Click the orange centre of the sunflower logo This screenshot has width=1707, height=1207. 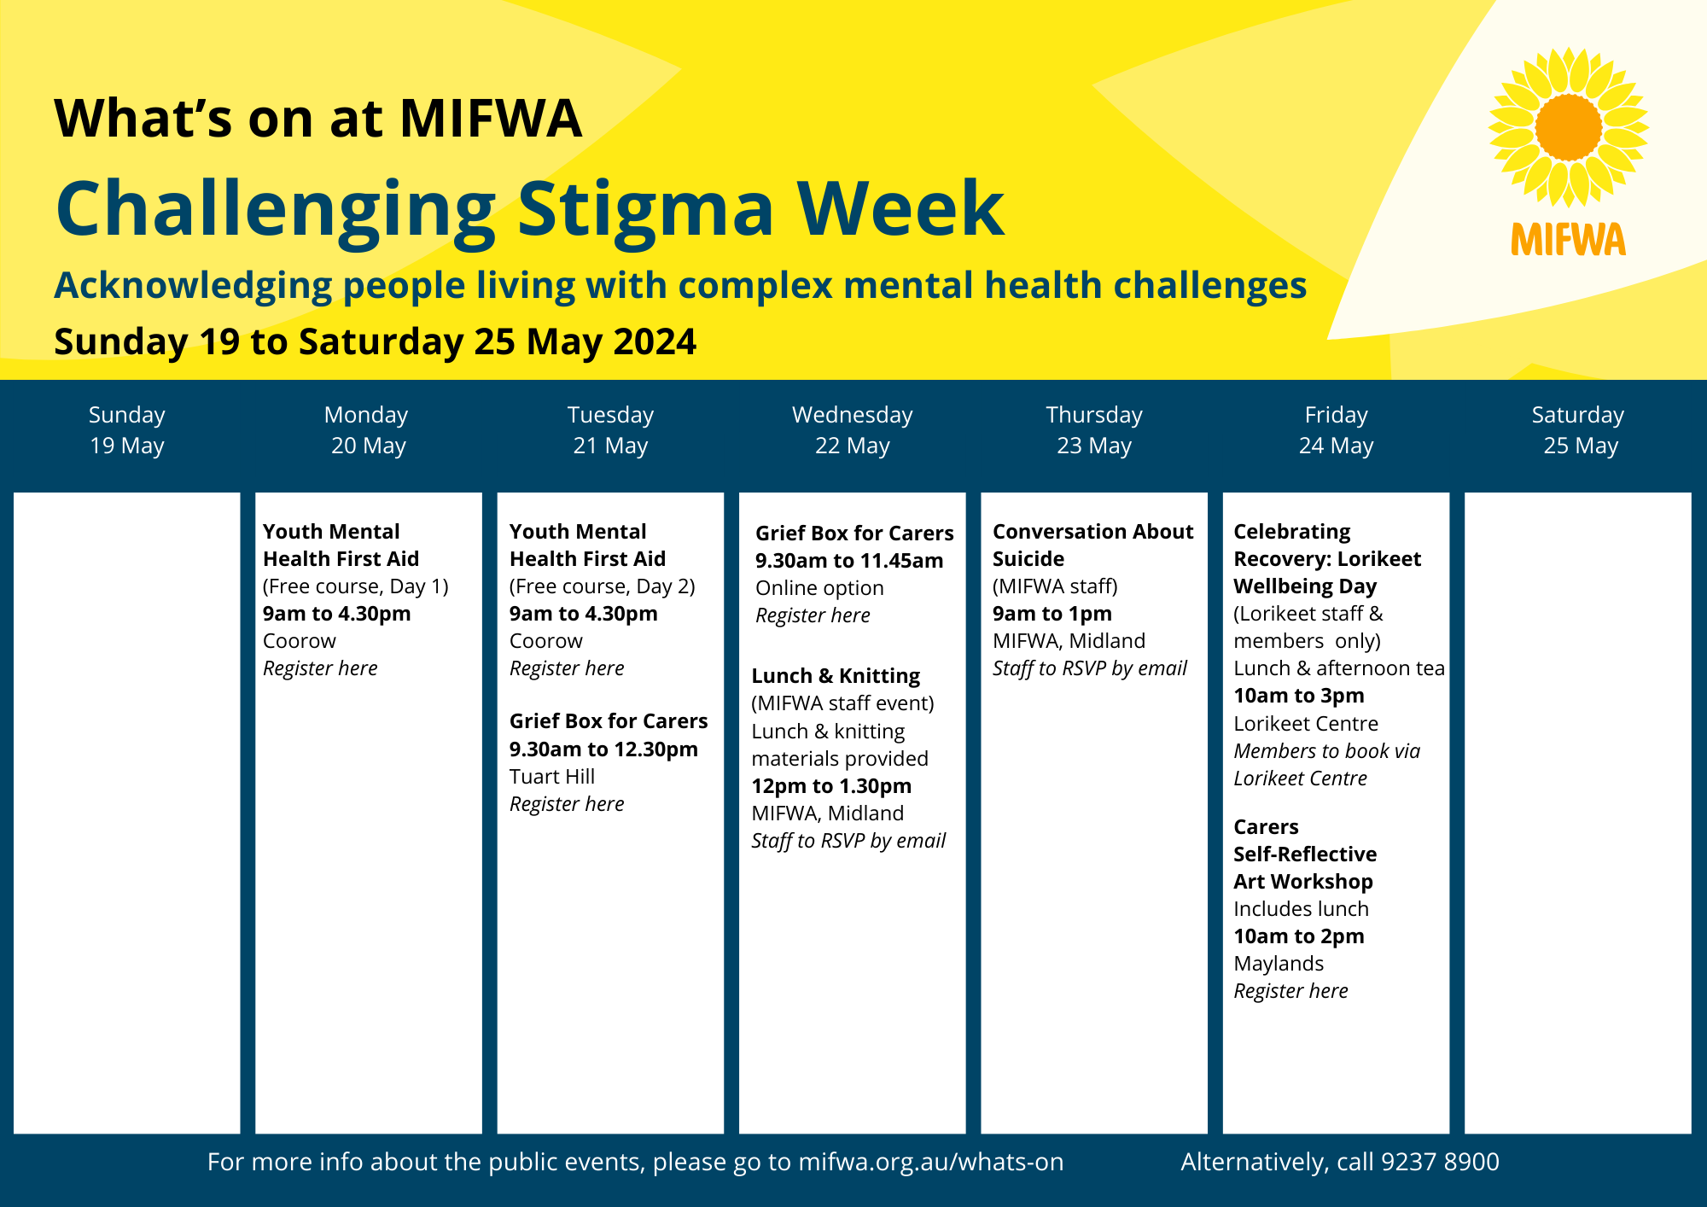[1569, 127]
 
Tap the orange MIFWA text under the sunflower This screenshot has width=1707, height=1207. [1569, 240]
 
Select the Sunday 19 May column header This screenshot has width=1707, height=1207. [127, 430]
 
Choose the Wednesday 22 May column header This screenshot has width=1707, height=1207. [853, 430]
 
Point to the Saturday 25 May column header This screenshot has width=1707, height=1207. [1578, 430]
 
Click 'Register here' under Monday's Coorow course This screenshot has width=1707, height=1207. [320, 668]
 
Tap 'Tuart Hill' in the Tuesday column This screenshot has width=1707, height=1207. [552, 777]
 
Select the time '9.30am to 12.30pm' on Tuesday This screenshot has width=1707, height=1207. [603, 749]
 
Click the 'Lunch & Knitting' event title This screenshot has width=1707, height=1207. [836, 676]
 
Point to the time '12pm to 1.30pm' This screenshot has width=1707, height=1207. [831, 786]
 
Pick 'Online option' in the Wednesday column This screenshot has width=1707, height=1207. [819, 588]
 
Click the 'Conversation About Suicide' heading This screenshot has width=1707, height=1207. [1092, 545]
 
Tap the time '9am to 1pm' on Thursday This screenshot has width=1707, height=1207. [1052, 614]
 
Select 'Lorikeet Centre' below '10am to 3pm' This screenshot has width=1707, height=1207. [1306, 724]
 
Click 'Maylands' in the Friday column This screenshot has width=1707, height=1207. [1279, 964]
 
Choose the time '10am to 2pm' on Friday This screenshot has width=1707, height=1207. [1299, 936]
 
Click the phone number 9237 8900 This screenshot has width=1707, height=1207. [1440, 1162]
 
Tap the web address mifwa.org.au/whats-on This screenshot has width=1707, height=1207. [931, 1162]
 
